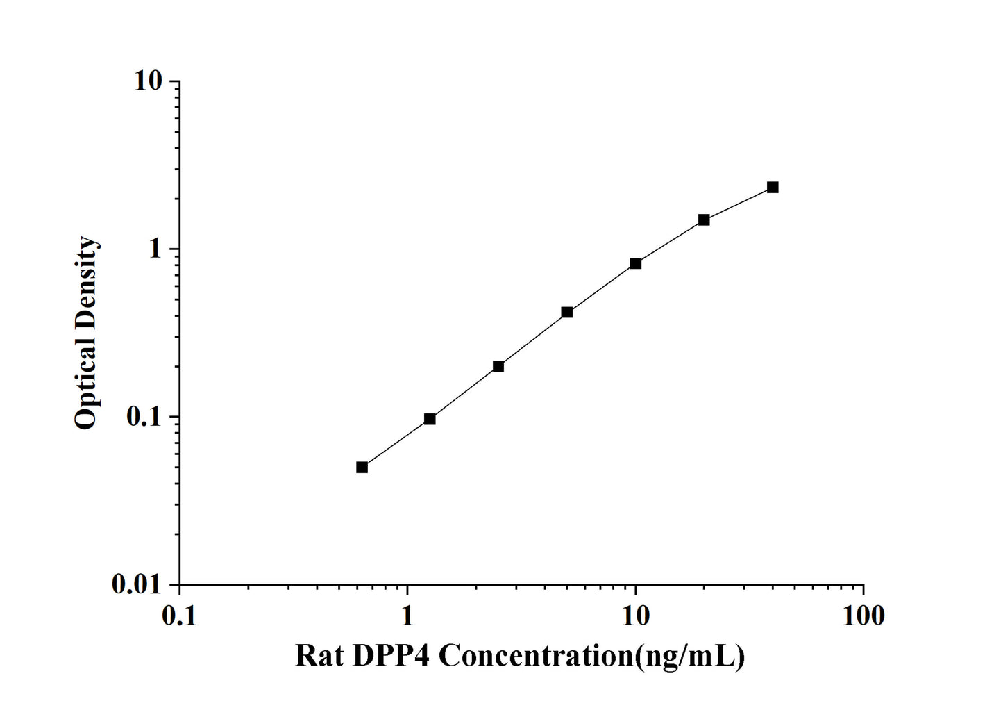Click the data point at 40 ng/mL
click(x=773, y=188)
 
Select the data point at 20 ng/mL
click(x=704, y=220)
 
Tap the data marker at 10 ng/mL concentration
click(x=635, y=263)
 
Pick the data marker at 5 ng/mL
click(x=567, y=313)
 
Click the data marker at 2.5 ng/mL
click(x=498, y=366)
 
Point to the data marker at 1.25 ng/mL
click(x=430, y=419)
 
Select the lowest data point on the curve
click(x=362, y=467)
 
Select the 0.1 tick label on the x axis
click(x=179, y=615)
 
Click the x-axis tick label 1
click(x=407, y=615)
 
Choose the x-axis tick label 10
click(x=635, y=615)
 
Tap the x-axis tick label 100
click(x=863, y=615)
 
